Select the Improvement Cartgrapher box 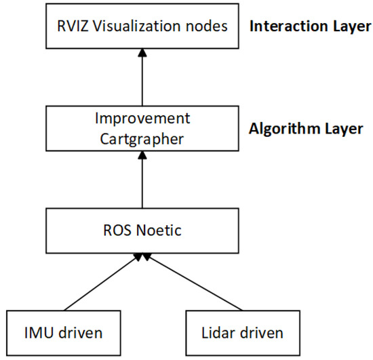click(142, 129)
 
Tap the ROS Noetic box click(142, 231)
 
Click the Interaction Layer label click(309, 27)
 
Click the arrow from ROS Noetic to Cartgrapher click(142, 180)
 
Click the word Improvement click(142, 119)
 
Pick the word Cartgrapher click(142, 138)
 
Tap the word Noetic click(160, 231)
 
